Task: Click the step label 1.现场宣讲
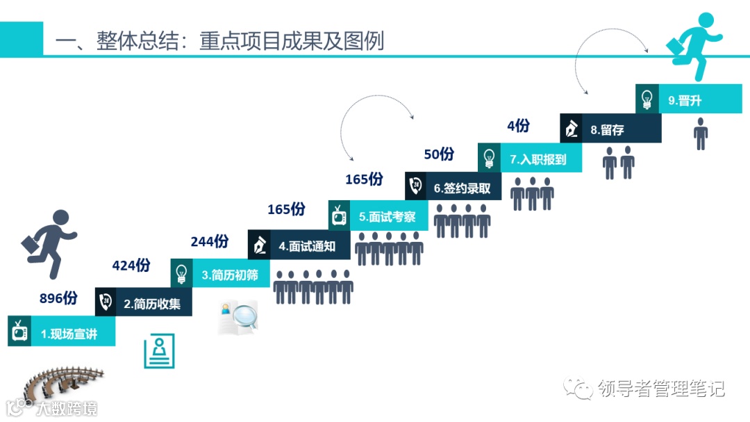coord(69,334)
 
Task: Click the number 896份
coord(58,298)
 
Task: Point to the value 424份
coord(131,266)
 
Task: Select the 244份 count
coord(209,241)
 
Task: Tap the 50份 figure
coord(438,154)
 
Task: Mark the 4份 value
coord(518,126)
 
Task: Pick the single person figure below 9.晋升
coord(701,133)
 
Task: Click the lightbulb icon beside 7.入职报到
coord(490,157)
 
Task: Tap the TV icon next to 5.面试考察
coord(339,216)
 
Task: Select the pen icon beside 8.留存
coord(571,129)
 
